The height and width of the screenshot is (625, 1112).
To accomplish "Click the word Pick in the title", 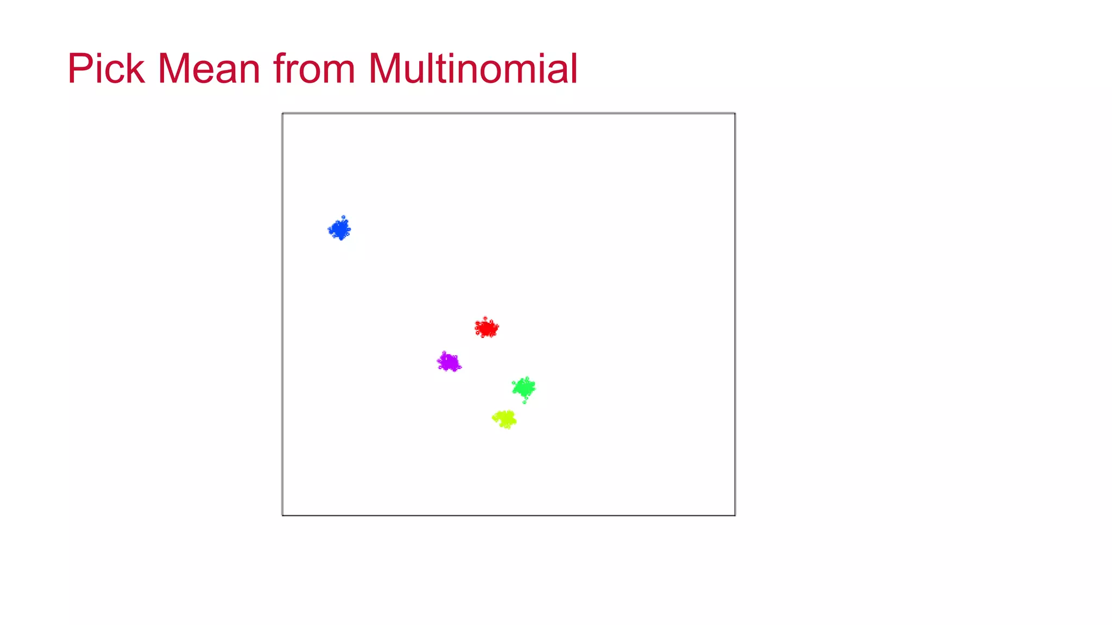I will [x=106, y=69].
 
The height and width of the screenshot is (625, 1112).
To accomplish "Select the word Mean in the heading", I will [x=209, y=69].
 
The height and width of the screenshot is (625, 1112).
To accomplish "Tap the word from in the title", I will [x=314, y=69].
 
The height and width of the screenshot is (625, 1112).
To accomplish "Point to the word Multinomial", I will [x=472, y=69].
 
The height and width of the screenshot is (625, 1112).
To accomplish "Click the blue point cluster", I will [x=340, y=229].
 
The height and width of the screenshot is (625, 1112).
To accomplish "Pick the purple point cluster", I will [x=449, y=362].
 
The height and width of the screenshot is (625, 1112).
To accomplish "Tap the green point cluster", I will [x=524, y=387].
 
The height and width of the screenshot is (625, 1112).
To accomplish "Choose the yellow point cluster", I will [x=505, y=419].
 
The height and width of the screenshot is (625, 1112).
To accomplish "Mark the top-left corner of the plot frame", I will [x=283, y=114].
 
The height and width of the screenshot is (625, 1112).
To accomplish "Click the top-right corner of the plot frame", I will [x=735, y=114].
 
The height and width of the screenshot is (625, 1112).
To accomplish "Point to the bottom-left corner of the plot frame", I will [x=283, y=515].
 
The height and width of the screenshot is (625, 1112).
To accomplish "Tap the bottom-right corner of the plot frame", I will [x=735, y=515].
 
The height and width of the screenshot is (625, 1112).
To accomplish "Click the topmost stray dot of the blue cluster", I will [x=343, y=217].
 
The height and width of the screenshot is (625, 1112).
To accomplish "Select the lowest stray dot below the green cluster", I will [x=524, y=402].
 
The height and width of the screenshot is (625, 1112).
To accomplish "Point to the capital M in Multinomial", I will [x=387, y=69].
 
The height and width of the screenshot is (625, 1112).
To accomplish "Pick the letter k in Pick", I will [x=136, y=69].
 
